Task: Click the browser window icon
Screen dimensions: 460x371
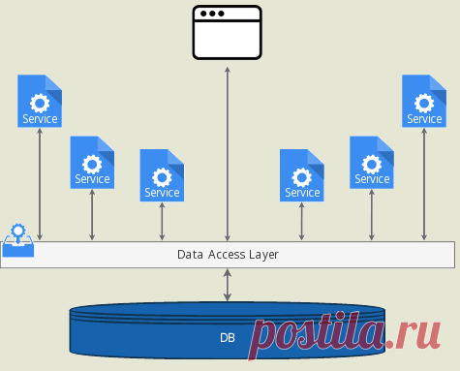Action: [x=228, y=32]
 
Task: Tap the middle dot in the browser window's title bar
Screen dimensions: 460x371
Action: [x=212, y=14]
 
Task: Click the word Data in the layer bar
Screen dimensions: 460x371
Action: [x=190, y=255]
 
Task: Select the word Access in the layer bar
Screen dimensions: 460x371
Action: [x=227, y=255]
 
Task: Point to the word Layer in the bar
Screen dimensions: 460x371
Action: [x=264, y=255]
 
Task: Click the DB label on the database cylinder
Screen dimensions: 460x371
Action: [x=228, y=338]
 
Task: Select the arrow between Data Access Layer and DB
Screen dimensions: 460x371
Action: [x=228, y=285]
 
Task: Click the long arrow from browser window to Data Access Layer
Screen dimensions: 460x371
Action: [x=228, y=154]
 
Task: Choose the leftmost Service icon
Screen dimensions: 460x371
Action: [x=40, y=101]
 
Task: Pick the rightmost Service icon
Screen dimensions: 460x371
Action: [x=424, y=101]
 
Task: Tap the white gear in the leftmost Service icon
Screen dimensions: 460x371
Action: [x=40, y=103]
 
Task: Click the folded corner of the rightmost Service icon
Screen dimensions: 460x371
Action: [x=439, y=86]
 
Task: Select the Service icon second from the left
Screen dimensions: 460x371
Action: [x=92, y=163]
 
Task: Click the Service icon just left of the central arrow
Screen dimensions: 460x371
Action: [x=162, y=175]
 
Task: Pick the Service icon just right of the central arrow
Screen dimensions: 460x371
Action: [x=302, y=175]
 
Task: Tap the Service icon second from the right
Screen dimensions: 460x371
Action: [x=372, y=163]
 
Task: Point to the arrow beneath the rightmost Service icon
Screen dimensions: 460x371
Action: [x=424, y=184]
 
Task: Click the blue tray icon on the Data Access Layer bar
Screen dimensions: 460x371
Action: [x=18, y=240]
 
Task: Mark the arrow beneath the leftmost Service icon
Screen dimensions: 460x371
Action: [x=40, y=184]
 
